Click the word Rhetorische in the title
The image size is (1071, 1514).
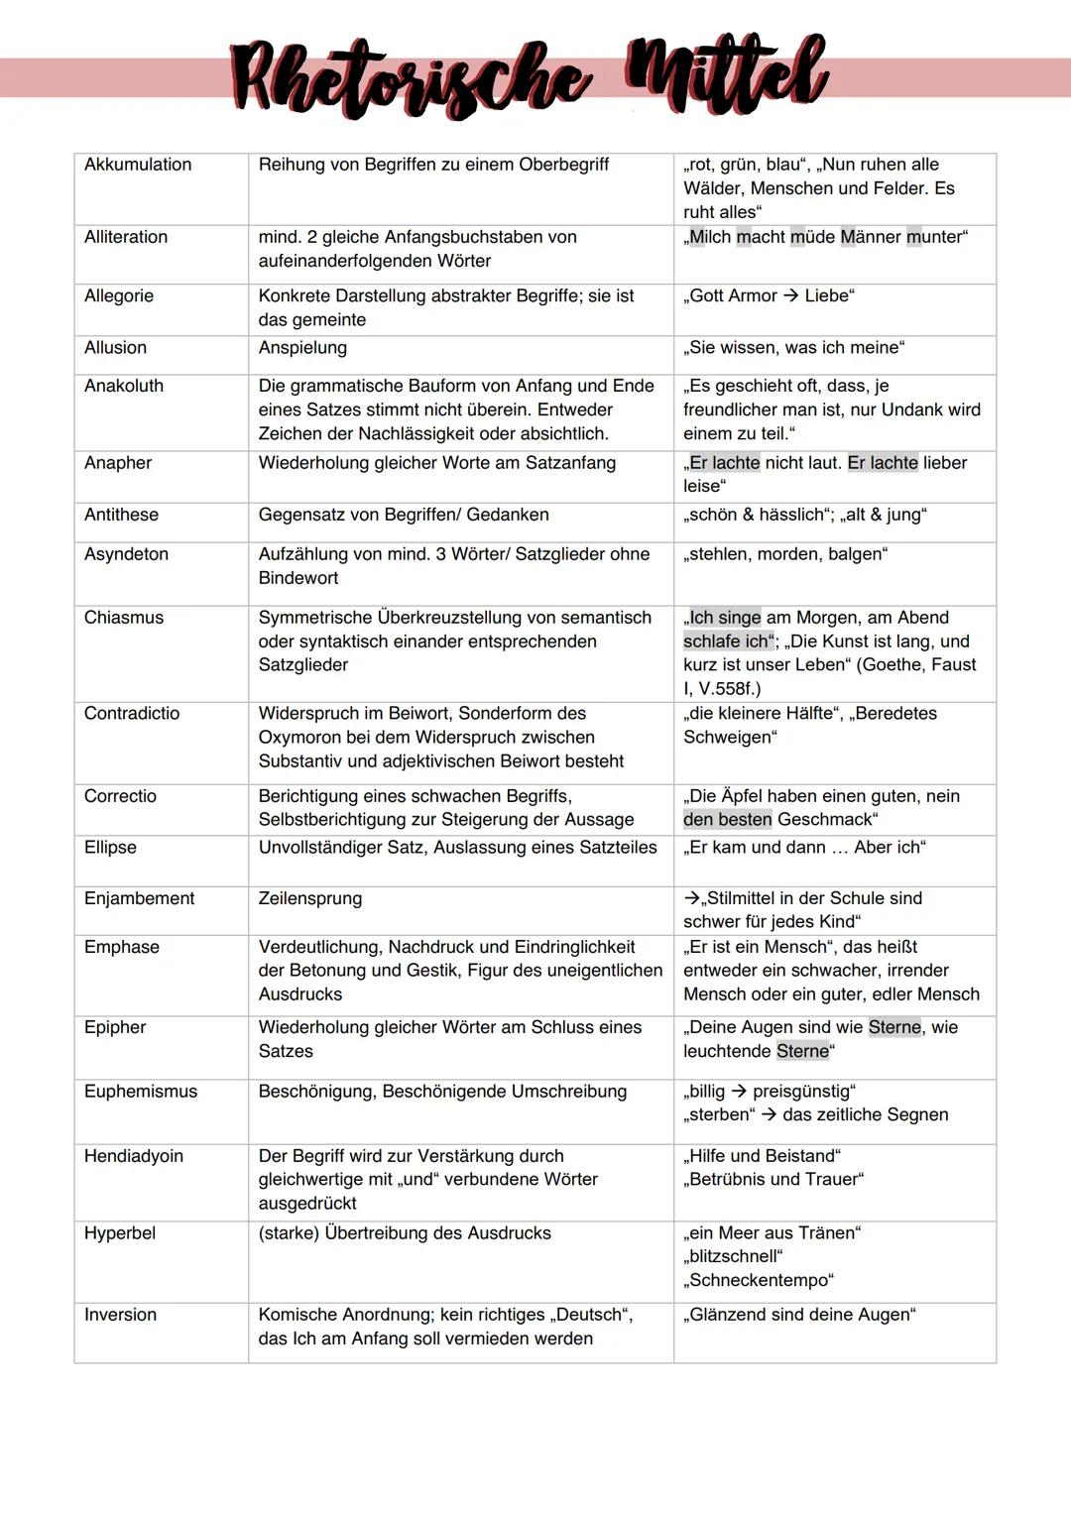409,79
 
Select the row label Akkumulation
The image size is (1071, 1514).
138,165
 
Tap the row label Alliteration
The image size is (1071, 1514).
126,237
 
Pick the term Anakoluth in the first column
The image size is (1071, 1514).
124,386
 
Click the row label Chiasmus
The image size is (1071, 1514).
124,618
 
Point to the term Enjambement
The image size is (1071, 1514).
140,898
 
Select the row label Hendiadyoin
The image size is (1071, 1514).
134,1156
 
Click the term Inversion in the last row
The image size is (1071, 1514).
120,1315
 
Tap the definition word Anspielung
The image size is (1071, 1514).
302,348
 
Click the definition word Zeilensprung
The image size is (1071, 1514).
310,898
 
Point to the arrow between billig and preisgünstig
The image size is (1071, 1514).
739,1092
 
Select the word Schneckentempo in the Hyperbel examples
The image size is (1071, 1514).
760,1280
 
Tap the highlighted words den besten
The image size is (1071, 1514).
727,820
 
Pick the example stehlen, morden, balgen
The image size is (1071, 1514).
785,554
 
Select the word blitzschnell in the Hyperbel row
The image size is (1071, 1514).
733,1256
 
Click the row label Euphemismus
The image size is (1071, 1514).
141,1092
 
